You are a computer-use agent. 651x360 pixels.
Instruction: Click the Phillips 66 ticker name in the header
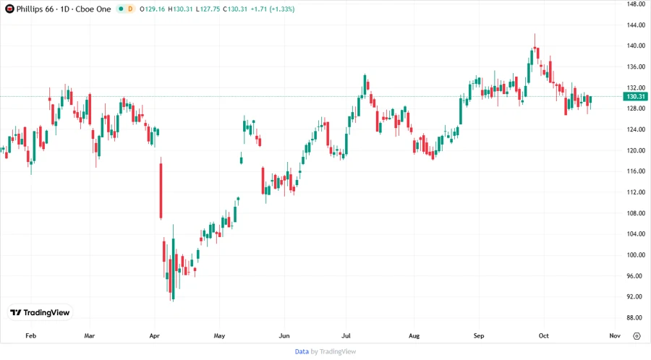pyautogui.click(x=37, y=9)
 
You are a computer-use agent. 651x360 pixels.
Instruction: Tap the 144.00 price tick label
pyautogui.click(x=637, y=25)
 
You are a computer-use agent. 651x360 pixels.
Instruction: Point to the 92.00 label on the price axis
pyautogui.click(x=637, y=297)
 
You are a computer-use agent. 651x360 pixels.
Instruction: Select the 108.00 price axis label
pyautogui.click(x=637, y=213)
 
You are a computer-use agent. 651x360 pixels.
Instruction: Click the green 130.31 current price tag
pyautogui.click(x=636, y=96)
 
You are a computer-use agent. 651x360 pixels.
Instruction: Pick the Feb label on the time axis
pyautogui.click(x=30, y=336)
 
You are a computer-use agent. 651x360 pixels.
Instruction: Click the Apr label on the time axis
pyautogui.click(x=153, y=336)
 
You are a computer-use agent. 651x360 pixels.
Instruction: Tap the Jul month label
pyautogui.click(x=346, y=336)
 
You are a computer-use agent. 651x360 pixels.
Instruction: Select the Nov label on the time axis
pyautogui.click(x=615, y=336)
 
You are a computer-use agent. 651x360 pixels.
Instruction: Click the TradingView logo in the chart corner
pyautogui.click(x=41, y=312)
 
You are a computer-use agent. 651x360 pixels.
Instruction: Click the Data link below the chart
pyautogui.click(x=302, y=351)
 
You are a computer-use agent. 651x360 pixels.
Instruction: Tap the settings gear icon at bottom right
pyautogui.click(x=637, y=336)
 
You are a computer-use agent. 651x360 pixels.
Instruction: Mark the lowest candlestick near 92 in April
pyautogui.click(x=172, y=282)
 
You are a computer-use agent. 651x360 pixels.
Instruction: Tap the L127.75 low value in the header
pyautogui.click(x=208, y=9)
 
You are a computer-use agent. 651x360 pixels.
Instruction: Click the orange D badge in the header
pyautogui.click(x=131, y=9)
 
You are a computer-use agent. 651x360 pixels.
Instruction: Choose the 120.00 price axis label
pyautogui.click(x=637, y=151)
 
